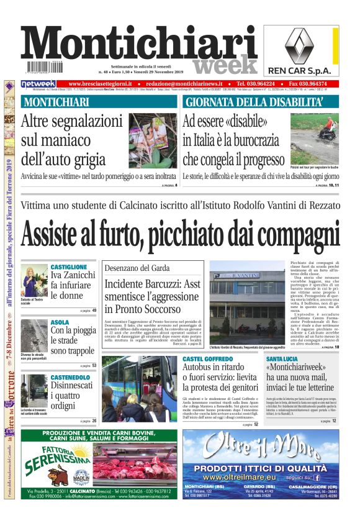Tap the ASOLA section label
click(x=60, y=322)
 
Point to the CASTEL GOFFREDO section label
click(x=210, y=360)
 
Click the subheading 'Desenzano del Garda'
click(x=133, y=268)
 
